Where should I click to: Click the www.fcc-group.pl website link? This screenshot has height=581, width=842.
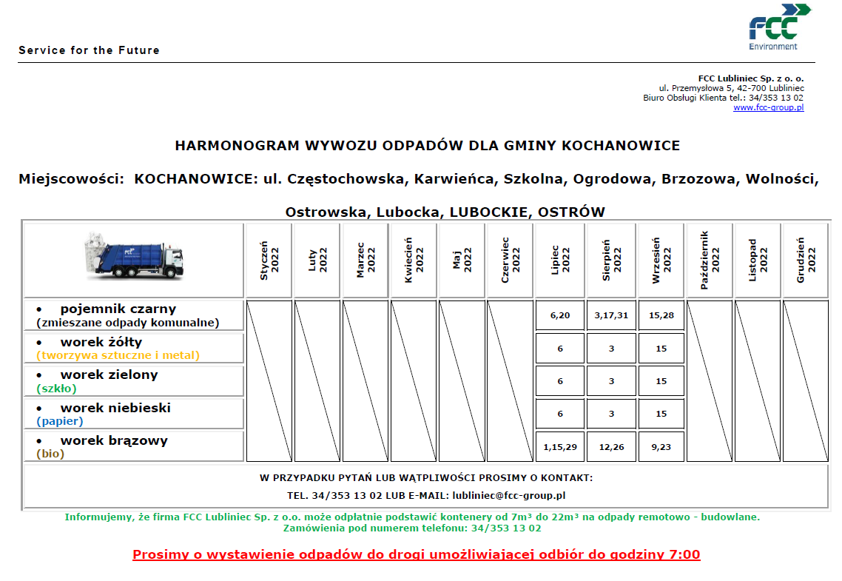tap(768, 107)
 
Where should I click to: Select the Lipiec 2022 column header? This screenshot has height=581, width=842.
tap(560, 261)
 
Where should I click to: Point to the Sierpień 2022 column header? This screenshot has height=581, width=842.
tap(611, 261)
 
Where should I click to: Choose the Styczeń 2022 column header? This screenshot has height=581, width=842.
tap(269, 261)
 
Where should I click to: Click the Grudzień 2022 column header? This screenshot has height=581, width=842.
tap(806, 261)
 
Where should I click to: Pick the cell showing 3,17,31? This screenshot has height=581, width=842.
tap(611, 315)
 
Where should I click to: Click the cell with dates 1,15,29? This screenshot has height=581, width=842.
tap(560, 446)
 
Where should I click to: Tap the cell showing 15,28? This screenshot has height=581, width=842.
tap(661, 315)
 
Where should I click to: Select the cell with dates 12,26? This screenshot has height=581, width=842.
tap(611, 446)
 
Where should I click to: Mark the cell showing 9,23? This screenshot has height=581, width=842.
tap(661, 446)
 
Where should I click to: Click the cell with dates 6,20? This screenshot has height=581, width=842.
tap(560, 315)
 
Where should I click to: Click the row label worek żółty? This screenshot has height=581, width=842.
tap(101, 342)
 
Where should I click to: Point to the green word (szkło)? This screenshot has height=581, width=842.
tap(56, 388)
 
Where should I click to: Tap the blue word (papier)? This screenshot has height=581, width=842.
tap(59, 421)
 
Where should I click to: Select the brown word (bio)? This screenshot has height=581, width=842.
tap(50, 454)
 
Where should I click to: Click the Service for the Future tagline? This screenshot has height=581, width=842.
tap(89, 50)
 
